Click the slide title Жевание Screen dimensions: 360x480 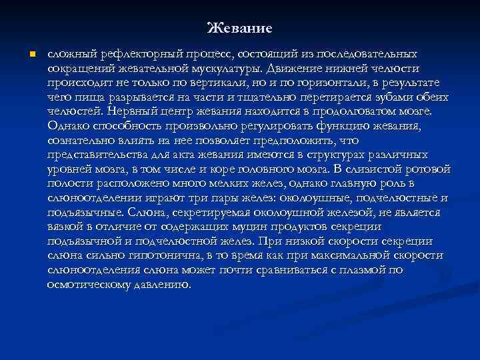pos(239,28)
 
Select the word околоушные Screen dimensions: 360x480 pos(316,198)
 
